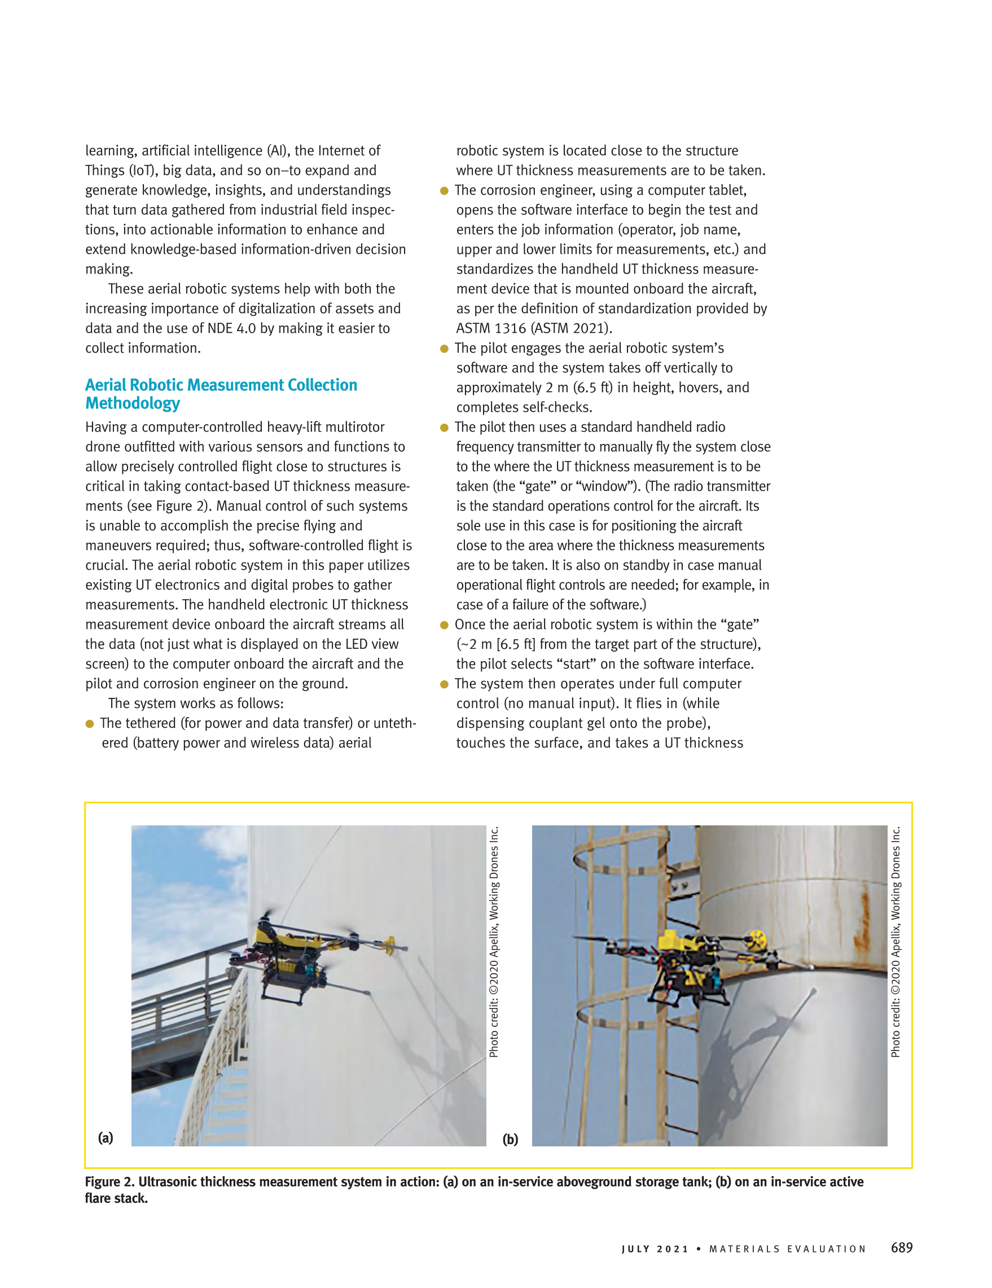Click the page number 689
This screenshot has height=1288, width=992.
click(901, 1247)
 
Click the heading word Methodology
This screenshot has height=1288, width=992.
click(133, 403)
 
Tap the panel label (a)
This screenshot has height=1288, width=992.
click(106, 1137)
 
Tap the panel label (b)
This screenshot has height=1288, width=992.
click(510, 1139)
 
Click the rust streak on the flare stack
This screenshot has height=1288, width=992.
click(864, 920)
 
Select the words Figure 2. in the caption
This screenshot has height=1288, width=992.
click(110, 1182)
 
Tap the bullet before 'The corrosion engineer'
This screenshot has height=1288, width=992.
click(444, 191)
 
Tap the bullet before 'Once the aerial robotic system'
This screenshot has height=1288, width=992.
click(444, 625)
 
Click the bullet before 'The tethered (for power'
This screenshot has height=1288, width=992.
click(90, 724)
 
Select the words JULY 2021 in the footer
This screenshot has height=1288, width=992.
click(655, 1249)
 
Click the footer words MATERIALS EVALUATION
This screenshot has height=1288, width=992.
click(787, 1249)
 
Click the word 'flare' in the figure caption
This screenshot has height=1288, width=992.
click(99, 1198)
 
